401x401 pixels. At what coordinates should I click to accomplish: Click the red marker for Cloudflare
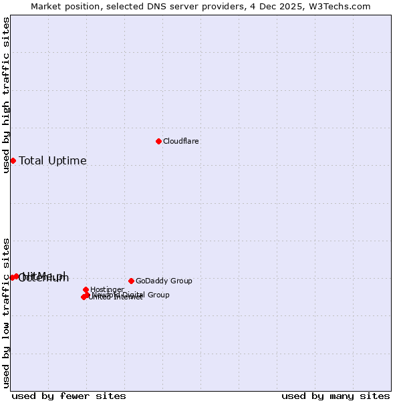[x=158, y=141]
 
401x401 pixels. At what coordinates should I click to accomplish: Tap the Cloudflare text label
[x=181, y=142]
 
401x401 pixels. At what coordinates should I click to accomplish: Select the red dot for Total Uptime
[x=13, y=160]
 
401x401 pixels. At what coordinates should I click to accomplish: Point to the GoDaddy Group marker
[x=131, y=281]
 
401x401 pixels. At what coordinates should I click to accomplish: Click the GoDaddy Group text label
[x=164, y=281]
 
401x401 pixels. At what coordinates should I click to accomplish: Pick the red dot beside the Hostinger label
[x=86, y=289]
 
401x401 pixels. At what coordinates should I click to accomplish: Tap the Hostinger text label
[x=107, y=290]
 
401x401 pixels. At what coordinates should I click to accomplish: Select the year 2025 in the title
[x=294, y=7]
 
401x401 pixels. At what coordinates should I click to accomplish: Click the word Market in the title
[x=47, y=7]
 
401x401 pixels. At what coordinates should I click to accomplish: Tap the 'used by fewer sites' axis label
[x=69, y=396]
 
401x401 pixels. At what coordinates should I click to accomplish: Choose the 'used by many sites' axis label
[x=336, y=396]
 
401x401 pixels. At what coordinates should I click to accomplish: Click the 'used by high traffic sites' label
[x=7, y=95]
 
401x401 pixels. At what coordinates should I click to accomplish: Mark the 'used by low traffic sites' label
[x=7, y=312]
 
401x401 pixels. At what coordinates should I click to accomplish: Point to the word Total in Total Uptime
[x=31, y=161]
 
